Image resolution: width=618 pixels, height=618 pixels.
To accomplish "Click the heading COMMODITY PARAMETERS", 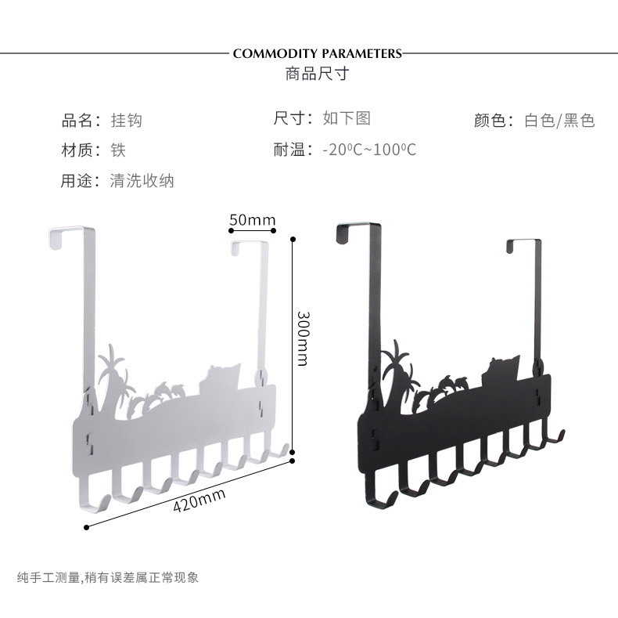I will [317, 53].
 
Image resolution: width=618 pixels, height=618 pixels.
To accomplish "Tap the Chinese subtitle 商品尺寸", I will [317, 74].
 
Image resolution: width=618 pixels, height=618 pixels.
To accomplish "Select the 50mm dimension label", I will [253, 220].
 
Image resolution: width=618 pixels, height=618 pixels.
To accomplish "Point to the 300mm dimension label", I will [303, 338].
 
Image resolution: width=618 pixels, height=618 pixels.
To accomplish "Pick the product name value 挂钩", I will [126, 121].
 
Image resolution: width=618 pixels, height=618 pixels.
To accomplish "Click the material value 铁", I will [118, 150].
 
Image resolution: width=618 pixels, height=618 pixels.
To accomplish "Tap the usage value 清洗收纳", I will [142, 180].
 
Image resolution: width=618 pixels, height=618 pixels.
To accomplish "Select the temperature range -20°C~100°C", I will [369, 150].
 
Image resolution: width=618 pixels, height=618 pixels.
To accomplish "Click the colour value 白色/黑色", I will [559, 121].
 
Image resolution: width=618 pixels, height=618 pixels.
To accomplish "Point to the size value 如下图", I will [347, 118].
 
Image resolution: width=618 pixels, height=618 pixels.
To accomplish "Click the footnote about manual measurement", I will [108, 578].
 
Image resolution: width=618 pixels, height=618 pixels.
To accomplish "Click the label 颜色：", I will [494, 121].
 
